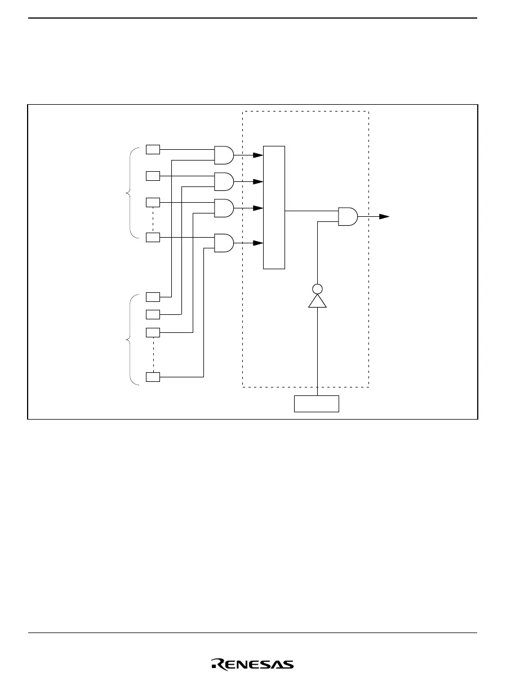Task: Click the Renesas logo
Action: point(252,665)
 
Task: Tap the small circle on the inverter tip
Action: point(317,289)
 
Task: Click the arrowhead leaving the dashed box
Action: point(384,216)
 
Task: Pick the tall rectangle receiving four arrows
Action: point(274,207)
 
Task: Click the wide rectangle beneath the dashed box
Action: point(317,404)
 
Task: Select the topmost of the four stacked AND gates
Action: point(224,155)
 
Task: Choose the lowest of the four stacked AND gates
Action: point(224,243)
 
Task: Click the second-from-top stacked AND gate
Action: point(224,181)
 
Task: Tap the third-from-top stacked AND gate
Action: point(224,208)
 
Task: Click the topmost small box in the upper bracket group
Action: point(153,149)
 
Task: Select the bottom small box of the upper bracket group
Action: point(153,237)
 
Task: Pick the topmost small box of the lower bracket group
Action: point(153,296)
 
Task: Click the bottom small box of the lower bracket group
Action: point(153,377)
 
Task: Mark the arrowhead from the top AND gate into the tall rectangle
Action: point(258,155)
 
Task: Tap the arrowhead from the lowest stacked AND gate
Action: point(258,243)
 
